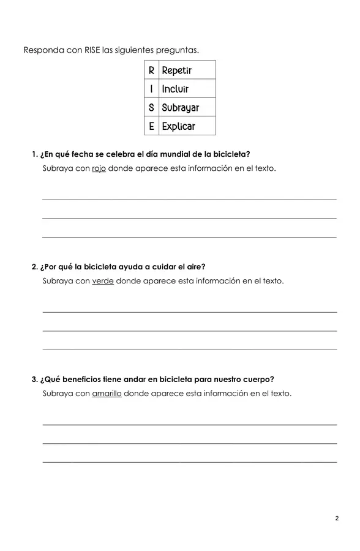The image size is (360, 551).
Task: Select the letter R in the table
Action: (x=151, y=70)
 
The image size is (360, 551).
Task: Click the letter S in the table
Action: (x=151, y=108)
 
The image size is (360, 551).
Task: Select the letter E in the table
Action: (x=151, y=126)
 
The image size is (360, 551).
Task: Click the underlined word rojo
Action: (x=99, y=168)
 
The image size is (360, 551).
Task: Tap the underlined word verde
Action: (x=103, y=281)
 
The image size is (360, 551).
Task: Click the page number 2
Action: (x=337, y=519)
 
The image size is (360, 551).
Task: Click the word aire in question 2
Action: (x=195, y=266)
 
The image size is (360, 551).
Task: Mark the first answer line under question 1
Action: (x=189, y=199)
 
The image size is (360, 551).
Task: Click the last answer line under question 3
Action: (x=189, y=462)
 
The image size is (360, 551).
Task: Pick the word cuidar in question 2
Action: (x=161, y=266)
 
